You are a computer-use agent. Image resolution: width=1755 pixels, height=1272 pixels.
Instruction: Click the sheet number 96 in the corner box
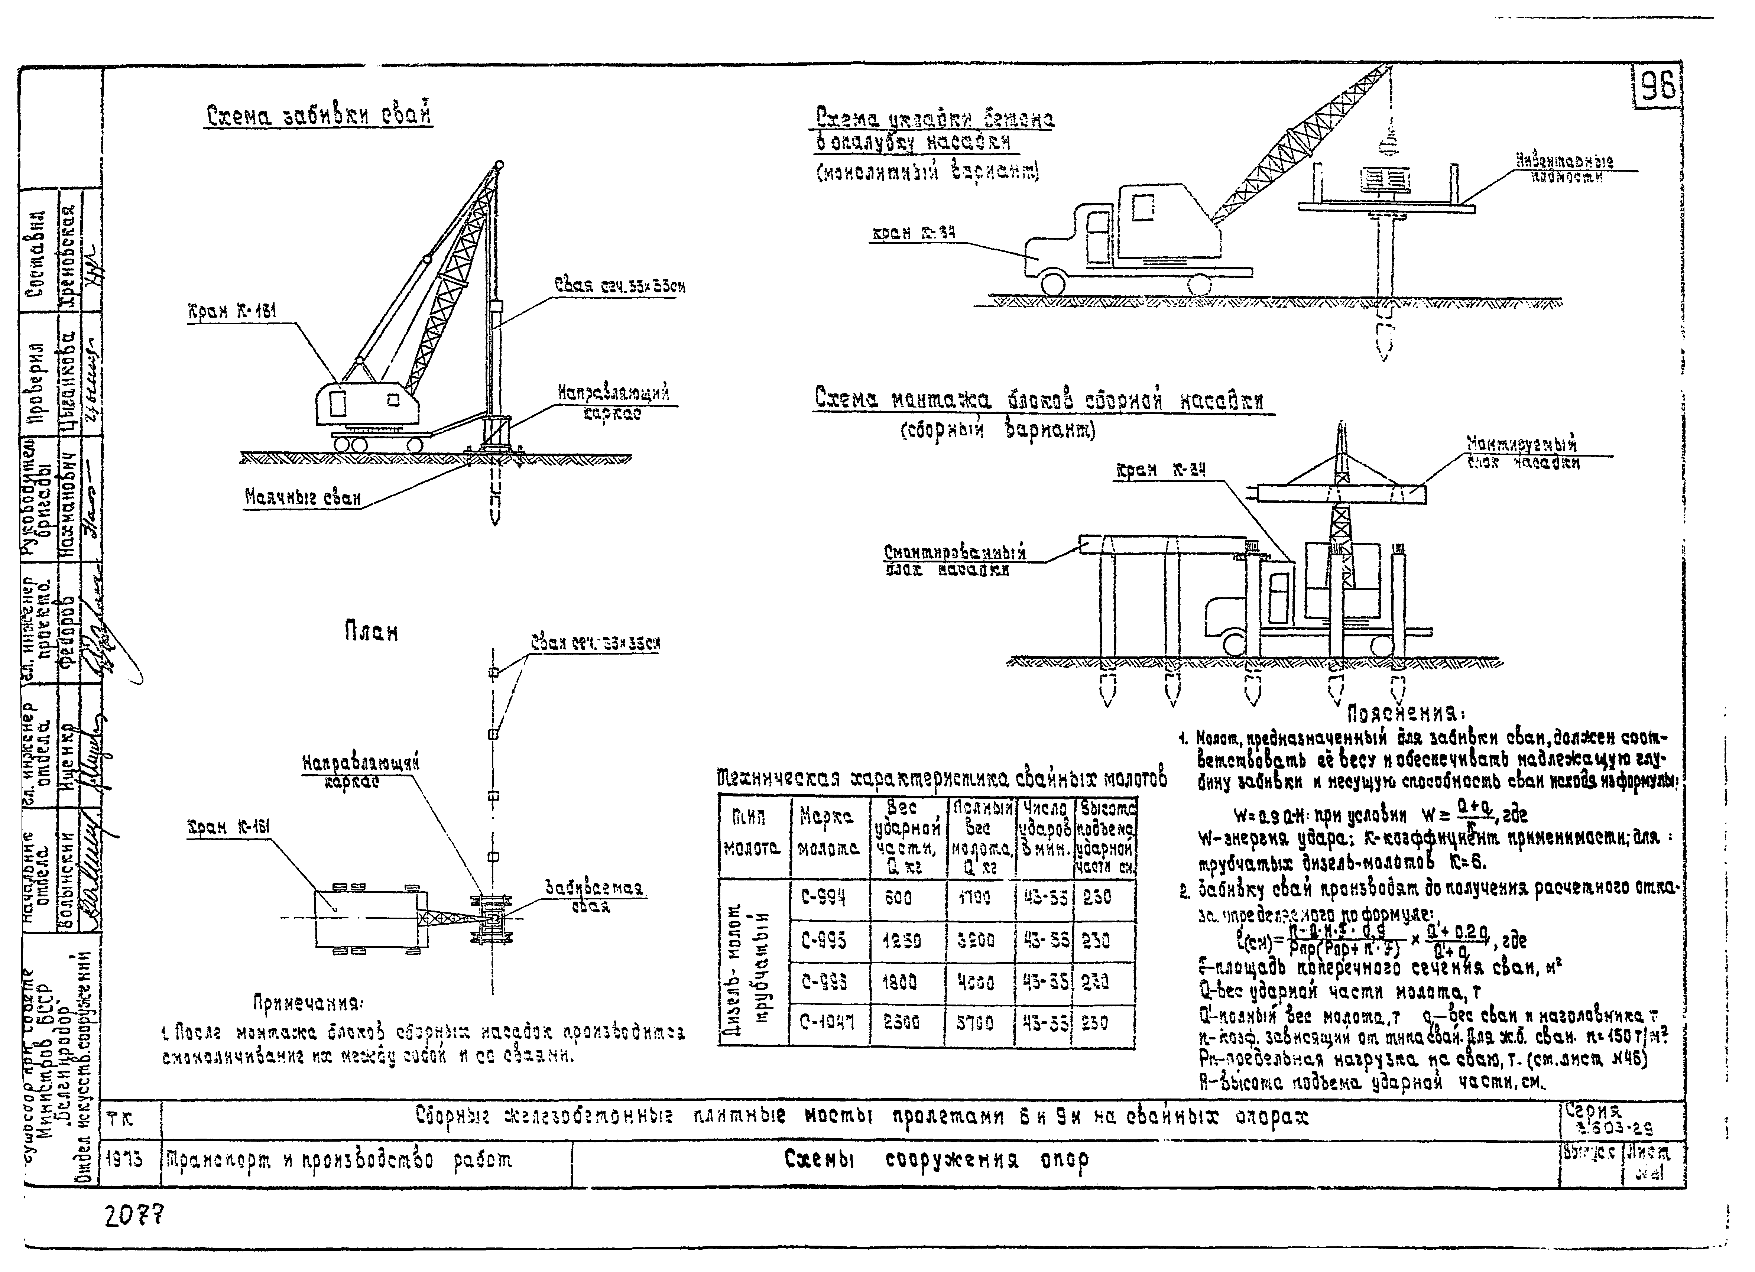point(1658,87)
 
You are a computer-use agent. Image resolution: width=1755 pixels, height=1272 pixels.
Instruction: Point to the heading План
point(372,632)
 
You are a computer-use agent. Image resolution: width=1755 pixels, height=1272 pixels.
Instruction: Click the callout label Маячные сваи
point(302,497)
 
